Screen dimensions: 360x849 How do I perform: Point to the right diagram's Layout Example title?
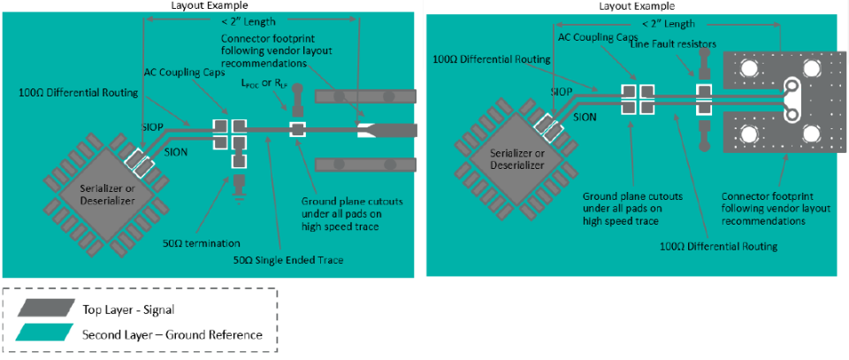[632, 5]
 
